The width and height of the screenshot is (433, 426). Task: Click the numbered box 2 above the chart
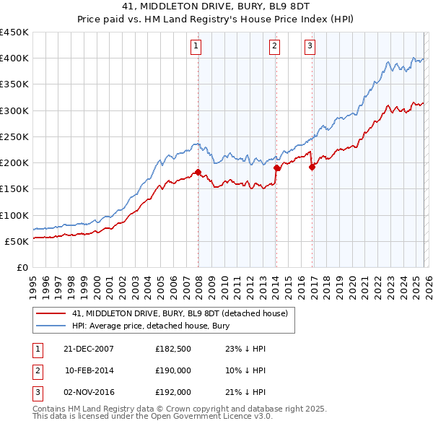coord(275,47)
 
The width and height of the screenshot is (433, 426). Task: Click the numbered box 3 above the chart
coord(310,47)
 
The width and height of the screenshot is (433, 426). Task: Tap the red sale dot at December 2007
coord(198,172)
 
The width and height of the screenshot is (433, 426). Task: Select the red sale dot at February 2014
coord(276,168)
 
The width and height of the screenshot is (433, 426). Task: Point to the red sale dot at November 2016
coord(312,167)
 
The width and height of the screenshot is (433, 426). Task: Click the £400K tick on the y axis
coord(14,58)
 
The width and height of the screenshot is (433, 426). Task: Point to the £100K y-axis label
coord(14,215)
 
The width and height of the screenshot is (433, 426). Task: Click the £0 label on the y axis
coord(21,268)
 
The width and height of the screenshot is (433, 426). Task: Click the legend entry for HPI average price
coord(150,325)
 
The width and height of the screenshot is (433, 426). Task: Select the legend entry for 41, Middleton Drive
coord(180,313)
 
